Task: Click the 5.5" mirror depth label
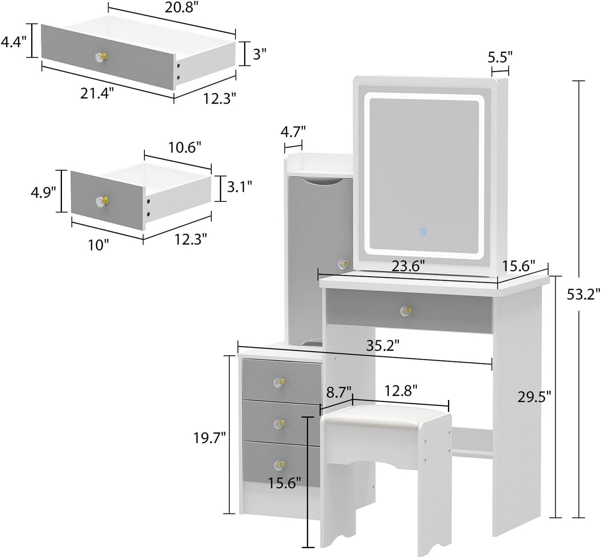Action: [x=500, y=56]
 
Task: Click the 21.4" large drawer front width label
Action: [x=96, y=94]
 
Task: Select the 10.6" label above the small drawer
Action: [x=185, y=147]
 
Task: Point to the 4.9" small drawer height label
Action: [x=43, y=192]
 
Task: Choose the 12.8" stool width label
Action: [x=401, y=391]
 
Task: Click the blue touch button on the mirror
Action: [x=423, y=232]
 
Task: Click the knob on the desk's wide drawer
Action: [x=405, y=311]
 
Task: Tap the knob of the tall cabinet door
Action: [x=343, y=264]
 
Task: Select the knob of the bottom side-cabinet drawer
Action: [x=279, y=464]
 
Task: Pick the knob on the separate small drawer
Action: [x=101, y=201]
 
